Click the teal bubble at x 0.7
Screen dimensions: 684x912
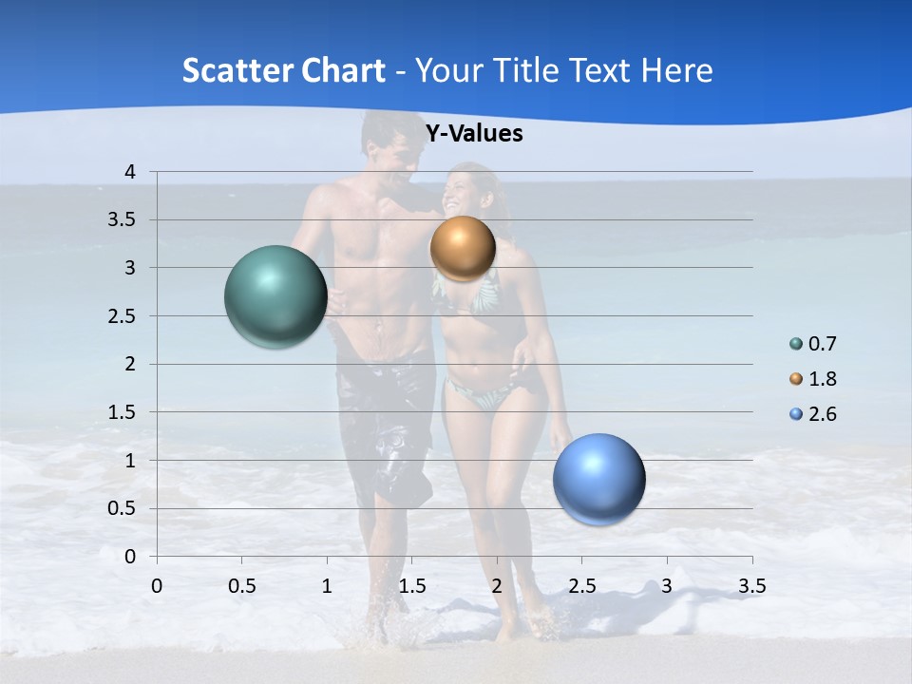point(275,296)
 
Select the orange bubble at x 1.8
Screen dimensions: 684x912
point(463,249)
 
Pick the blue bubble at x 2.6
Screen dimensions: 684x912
point(598,479)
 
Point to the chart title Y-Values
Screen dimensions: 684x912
point(473,134)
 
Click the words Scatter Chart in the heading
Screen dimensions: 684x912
point(283,70)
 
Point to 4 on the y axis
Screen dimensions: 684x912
point(130,172)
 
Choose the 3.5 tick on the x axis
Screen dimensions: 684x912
point(751,586)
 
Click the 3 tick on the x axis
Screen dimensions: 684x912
point(666,586)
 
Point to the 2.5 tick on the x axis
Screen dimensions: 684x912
point(581,586)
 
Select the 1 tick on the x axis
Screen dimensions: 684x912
point(327,586)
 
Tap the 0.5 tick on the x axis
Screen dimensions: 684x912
point(241,586)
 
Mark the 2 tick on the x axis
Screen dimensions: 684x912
point(497,586)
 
